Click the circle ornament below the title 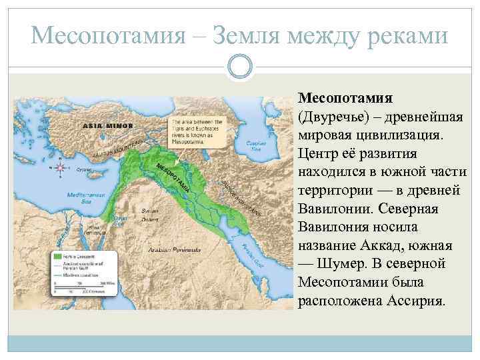pos(239,66)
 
